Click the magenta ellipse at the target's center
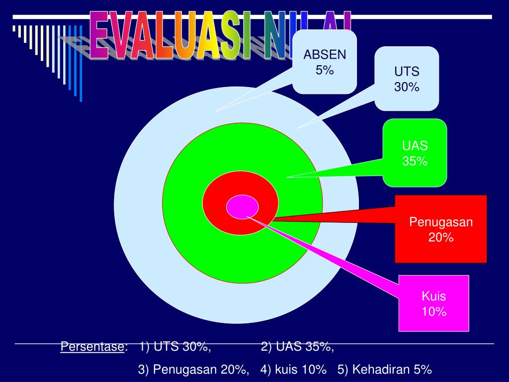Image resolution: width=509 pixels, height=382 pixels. coord(242,207)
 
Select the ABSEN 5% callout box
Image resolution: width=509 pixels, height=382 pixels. coord(324,62)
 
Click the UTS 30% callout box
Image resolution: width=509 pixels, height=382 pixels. coord(407,79)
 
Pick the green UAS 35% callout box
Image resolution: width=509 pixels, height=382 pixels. coord(415,153)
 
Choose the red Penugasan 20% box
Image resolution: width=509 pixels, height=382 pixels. coord(441,229)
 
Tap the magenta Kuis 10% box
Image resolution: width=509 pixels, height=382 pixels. coord(434,303)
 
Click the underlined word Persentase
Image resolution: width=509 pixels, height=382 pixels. coord(93,347)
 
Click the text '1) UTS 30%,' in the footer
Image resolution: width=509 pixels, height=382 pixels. coord(175,347)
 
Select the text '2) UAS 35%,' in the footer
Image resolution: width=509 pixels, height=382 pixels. coord(297,347)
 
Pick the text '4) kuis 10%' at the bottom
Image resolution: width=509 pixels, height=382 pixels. coord(293,370)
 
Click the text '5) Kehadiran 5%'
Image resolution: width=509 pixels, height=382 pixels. coord(384,370)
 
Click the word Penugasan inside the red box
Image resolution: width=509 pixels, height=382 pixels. coord(441,222)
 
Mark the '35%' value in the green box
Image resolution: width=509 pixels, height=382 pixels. coord(415,161)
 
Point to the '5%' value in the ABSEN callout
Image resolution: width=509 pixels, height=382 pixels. coord(324,70)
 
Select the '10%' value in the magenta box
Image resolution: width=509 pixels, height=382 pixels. coord(434,312)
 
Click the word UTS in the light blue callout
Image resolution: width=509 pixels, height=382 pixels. coord(407,72)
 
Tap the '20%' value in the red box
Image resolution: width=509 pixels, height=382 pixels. coord(441,238)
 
